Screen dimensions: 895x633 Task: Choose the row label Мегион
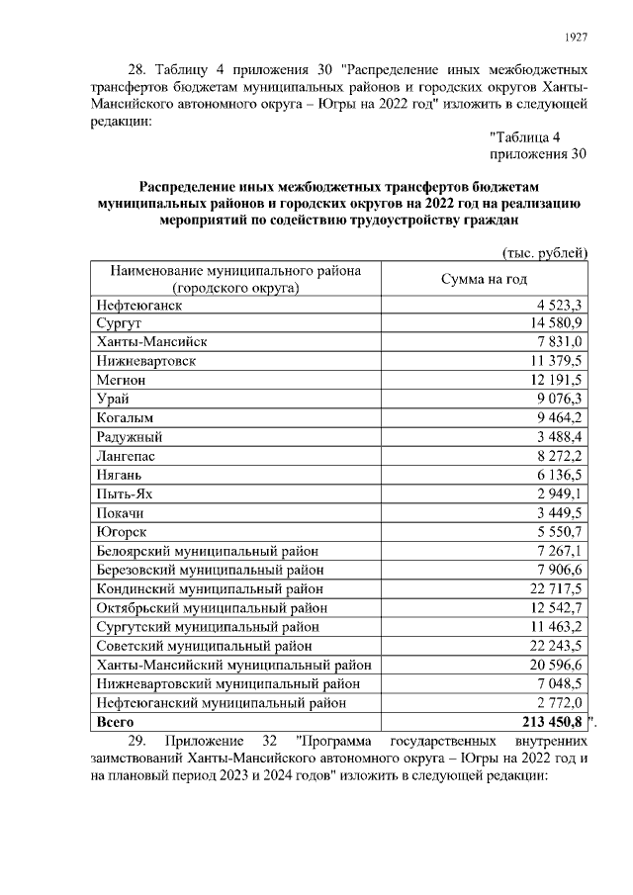coord(122,380)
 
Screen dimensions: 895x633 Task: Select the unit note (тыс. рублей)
coord(546,253)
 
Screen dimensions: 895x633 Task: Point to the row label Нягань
coord(121,474)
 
